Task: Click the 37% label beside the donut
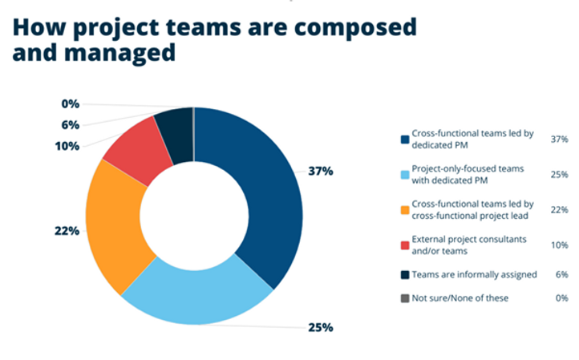click(322, 172)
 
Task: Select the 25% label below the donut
click(321, 327)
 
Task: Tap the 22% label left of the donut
click(67, 231)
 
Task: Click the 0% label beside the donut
click(70, 104)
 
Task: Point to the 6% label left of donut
click(70, 125)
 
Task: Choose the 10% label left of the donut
click(67, 146)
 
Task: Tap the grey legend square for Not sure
click(405, 298)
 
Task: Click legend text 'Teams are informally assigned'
click(474, 274)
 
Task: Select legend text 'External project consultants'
click(473, 238)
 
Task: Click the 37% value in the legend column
click(560, 139)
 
